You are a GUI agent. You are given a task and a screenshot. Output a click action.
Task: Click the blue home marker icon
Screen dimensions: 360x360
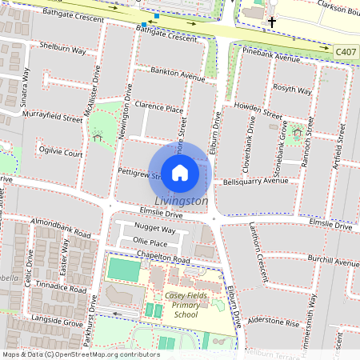click(x=180, y=172)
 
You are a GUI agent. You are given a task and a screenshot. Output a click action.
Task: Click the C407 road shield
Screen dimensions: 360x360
click(x=346, y=50)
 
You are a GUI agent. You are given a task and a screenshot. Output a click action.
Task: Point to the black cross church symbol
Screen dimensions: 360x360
click(x=272, y=22)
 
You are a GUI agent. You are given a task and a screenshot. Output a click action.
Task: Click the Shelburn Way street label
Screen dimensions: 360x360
click(x=62, y=50)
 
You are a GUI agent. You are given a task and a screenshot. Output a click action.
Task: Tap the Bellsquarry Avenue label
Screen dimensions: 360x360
click(x=255, y=181)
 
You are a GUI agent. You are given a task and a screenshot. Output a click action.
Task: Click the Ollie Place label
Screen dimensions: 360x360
click(x=150, y=242)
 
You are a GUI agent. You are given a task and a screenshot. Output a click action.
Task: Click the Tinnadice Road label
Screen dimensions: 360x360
click(x=60, y=288)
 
